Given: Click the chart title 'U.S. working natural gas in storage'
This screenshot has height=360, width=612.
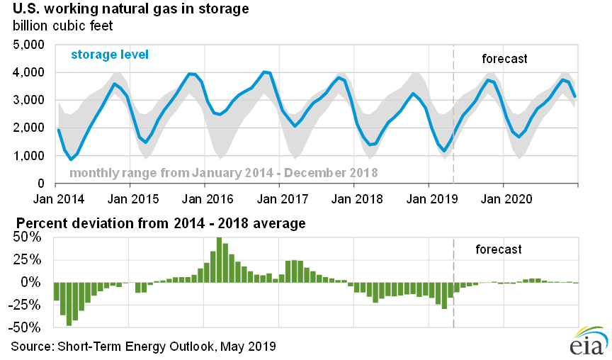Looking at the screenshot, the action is (x=131, y=9).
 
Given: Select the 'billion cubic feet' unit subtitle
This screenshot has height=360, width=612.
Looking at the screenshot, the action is (x=62, y=26).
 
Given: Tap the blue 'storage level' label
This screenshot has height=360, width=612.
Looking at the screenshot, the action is (x=110, y=55).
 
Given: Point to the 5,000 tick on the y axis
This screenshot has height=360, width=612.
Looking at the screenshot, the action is (x=28, y=45).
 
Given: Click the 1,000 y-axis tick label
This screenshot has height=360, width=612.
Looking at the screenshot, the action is (x=28, y=156).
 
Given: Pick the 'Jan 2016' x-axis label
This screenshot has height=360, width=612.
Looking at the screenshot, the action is (x=208, y=199).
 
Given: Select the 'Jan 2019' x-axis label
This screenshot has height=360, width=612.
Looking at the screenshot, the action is (x=431, y=199).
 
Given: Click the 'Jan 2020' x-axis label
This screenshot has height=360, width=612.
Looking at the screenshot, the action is (x=506, y=199).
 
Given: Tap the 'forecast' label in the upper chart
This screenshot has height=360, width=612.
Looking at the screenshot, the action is (x=504, y=59).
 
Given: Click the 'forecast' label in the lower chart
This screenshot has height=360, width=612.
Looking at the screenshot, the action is (x=499, y=249).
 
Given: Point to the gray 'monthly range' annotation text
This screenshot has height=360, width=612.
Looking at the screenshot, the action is (x=224, y=173).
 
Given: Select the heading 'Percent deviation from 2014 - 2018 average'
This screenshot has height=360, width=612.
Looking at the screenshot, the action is (x=161, y=223).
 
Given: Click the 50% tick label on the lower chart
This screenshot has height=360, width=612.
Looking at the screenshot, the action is (x=27, y=237).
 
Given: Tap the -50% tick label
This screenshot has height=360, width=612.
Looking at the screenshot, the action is (x=24, y=327).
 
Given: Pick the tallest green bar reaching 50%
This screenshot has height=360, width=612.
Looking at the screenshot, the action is (x=219, y=259).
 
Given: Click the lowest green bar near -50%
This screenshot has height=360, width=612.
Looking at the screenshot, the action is (x=69, y=304).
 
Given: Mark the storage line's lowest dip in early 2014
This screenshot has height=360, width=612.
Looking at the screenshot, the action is (x=71, y=159).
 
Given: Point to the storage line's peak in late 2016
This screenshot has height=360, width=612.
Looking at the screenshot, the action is (x=265, y=72).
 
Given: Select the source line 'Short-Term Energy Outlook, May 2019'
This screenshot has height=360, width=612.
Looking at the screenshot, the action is (x=166, y=347).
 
